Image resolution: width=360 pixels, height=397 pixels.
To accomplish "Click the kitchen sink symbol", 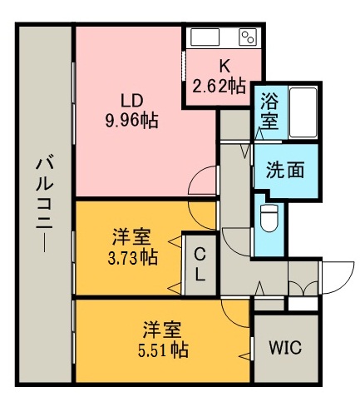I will tap(205, 37).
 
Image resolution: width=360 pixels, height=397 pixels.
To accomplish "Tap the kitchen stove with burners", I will tap(248, 37).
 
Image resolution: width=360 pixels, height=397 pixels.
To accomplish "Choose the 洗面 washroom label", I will tap(284, 169).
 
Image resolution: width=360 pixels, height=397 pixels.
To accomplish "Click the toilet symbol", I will tap(269, 217).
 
